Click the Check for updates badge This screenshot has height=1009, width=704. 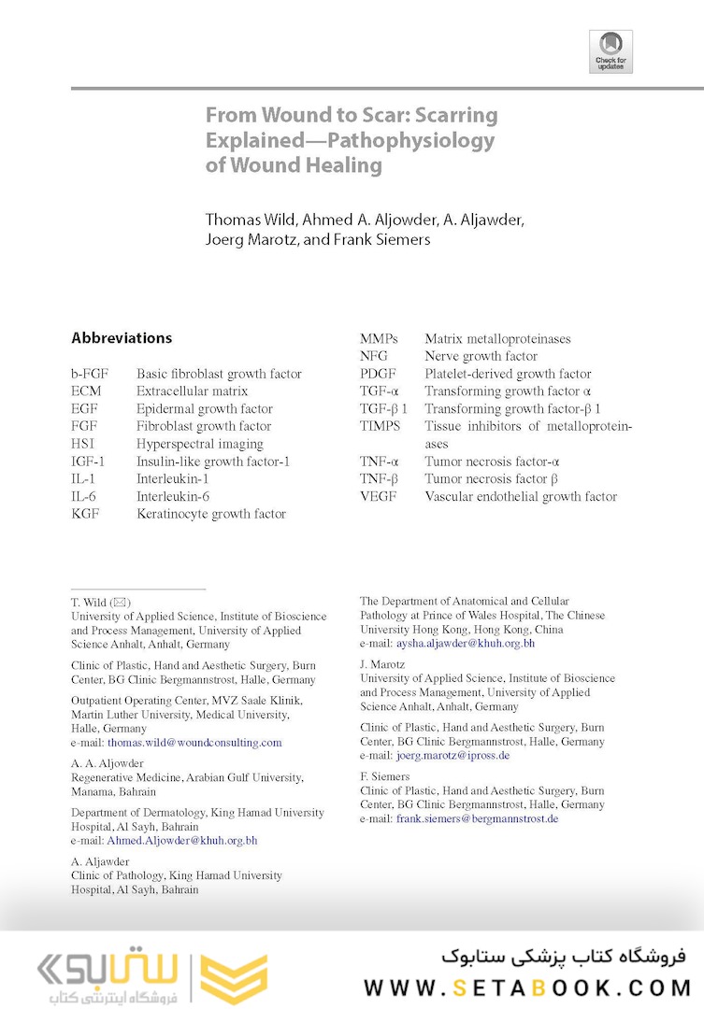(x=611, y=51)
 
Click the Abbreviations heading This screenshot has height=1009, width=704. (x=122, y=338)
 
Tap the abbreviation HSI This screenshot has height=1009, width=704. (x=83, y=444)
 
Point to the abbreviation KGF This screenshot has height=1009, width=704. (x=85, y=514)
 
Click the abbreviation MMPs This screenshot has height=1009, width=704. (x=380, y=339)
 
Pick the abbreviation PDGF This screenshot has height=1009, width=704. (x=379, y=374)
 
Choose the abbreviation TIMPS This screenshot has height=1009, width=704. (x=380, y=426)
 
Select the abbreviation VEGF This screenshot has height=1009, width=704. (x=378, y=496)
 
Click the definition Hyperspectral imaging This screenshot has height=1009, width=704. (x=199, y=444)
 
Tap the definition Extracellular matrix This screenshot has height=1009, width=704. (x=192, y=391)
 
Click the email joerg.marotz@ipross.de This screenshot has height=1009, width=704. (x=453, y=756)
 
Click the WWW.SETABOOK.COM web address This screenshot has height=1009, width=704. (x=527, y=988)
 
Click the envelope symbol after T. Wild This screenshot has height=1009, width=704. (x=122, y=603)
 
